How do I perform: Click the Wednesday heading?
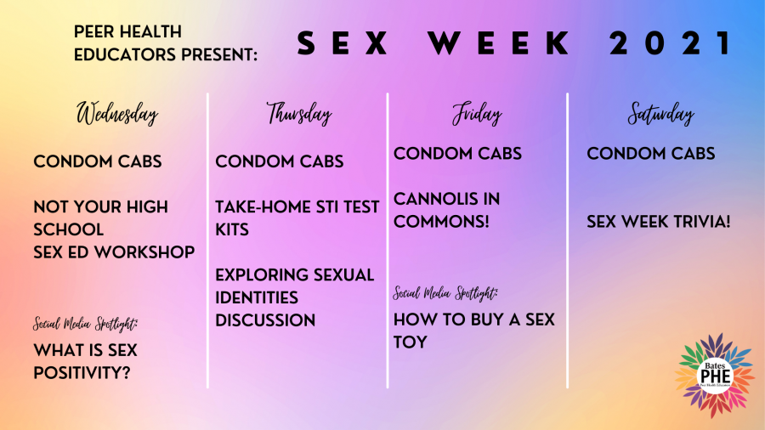[117, 114]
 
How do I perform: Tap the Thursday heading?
[299, 114]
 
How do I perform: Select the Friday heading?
[477, 114]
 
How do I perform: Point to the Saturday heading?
[660, 114]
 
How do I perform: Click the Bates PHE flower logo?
[715, 376]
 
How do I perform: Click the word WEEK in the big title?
[499, 42]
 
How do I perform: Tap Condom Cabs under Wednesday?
[98, 161]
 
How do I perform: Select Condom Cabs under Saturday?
[651, 154]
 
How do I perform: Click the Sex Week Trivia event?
[659, 222]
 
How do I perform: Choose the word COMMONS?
[441, 222]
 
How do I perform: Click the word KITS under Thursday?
[232, 229]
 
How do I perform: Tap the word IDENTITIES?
[257, 297]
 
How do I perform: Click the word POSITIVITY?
[82, 373]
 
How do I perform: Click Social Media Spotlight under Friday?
[445, 293]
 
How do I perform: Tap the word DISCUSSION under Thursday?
[265, 320]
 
